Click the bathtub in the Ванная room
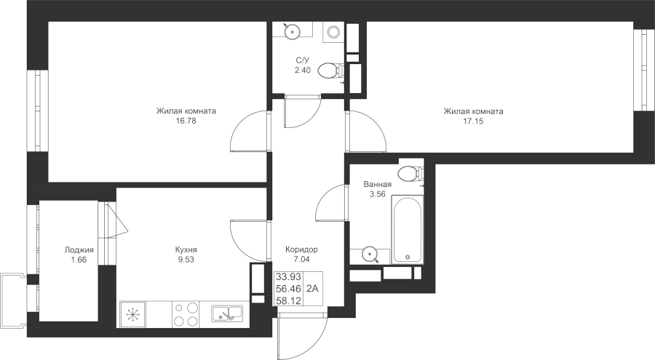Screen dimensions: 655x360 tap(407, 230)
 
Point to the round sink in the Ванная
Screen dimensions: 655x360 tap(370, 254)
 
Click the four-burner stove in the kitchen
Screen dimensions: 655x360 tap(186, 314)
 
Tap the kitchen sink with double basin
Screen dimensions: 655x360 tap(227, 313)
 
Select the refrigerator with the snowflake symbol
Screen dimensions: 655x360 tap(132, 314)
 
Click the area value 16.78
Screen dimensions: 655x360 tap(186, 121)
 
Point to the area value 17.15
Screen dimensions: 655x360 tap(473, 121)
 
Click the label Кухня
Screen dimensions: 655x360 tap(186, 249)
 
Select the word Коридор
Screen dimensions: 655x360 tap(301, 249)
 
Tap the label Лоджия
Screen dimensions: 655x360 tap(79, 249)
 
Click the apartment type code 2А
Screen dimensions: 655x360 tap(312, 289)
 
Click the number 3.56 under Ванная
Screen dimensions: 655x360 tap(377, 193)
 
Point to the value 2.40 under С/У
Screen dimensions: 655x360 tap(303, 70)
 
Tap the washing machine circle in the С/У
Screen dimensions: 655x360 tap(333, 32)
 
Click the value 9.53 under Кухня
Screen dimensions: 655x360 tap(186, 260)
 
